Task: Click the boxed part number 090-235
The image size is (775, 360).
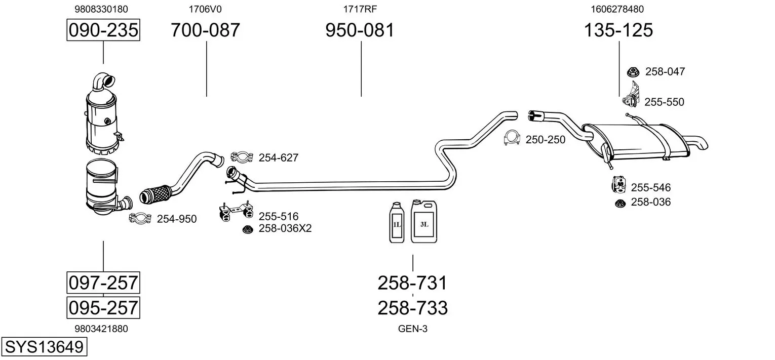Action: (x=103, y=30)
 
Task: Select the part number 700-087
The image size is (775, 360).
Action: (x=205, y=30)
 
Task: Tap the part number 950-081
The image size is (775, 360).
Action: (x=360, y=30)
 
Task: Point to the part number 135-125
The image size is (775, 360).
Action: (x=618, y=30)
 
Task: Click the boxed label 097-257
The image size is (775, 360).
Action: (x=103, y=283)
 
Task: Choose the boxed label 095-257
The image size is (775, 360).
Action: (x=103, y=307)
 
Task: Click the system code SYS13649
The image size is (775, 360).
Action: (x=44, y=347)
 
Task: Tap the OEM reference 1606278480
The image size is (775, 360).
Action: (x=617, y=9)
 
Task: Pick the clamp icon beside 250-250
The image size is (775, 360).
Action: (x=513, y=138)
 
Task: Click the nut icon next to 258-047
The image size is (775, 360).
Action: (x=633, y=72)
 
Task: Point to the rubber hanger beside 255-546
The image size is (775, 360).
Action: (x=618, y=185)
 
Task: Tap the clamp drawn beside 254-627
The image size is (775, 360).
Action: (x=242, y=157)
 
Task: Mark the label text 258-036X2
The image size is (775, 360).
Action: (x=285, y=228)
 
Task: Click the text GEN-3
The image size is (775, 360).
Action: (x=413, y=329)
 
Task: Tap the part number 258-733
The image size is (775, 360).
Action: (x=412, y=307)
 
